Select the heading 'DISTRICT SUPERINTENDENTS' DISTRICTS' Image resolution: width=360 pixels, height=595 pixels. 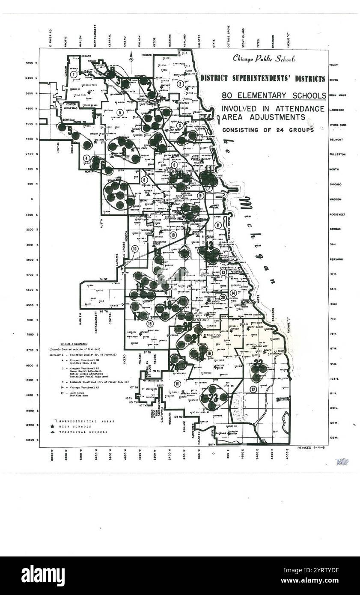262,78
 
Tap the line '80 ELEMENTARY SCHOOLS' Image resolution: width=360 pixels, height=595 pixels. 274,96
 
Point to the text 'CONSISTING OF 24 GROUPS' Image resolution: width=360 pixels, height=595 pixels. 268,130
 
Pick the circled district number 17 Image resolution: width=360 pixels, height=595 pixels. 253,389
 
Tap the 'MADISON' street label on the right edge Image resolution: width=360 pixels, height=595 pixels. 335,199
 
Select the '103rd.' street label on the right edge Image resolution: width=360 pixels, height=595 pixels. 334,379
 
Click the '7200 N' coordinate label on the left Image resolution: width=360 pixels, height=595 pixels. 31,63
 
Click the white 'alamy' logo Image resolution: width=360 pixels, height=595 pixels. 43,576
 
